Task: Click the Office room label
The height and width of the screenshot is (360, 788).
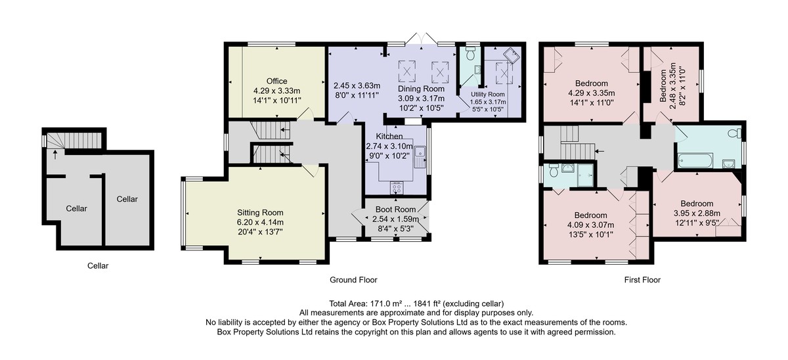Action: click(x=276, y=81)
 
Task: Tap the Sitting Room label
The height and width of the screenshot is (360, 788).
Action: click(x=260, y=213)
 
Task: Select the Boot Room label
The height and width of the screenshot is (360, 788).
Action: click(x=395, y=210)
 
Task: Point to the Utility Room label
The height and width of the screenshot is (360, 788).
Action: click(x=487, y=95)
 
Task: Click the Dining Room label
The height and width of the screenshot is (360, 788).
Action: click(x=421, y=89)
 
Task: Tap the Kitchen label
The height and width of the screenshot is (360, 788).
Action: click(x=389, y=136)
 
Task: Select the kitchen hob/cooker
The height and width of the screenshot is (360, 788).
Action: click(x=397, y=188)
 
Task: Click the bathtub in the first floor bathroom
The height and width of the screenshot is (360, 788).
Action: click(x=695, y=161)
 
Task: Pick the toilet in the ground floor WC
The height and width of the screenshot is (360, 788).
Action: click(x=470, y=54)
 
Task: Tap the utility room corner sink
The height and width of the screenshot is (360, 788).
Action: click(x=512, y=56)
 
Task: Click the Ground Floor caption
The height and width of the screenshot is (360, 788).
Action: click(x=353, y=280)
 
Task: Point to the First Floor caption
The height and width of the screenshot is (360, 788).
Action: click(x=642, y=280)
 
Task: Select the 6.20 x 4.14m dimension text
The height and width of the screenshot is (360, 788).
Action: click(x=260, y=223)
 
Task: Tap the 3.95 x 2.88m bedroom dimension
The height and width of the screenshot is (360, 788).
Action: click(x=697, y=214)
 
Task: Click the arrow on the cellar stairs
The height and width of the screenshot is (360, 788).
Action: click(x=55, y=155)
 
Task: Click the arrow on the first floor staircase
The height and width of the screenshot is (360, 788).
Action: click(x=600, y=151)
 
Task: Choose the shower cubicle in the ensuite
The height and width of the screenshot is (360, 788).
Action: click(x=585, y=175)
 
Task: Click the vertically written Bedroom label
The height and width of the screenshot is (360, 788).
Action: click(x=663, y=86)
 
